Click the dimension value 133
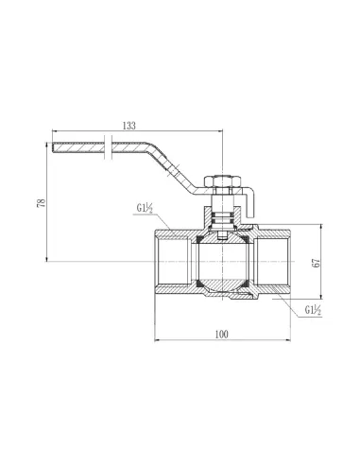click(129, 125)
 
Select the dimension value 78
click(42, 202)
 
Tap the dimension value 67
click(317, 263)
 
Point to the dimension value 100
click(222, 335)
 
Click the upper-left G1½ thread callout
click(145, 209)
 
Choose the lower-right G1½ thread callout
click(313, 310)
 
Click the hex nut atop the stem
click(223, 181)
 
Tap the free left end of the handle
click(54, 147)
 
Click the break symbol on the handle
click(108, 147)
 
